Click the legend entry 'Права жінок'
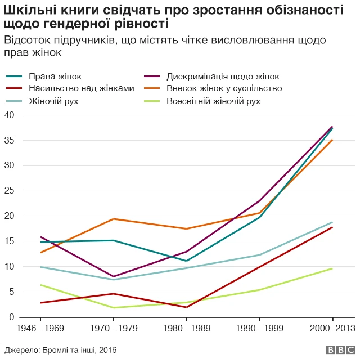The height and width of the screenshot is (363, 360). click(62, 76)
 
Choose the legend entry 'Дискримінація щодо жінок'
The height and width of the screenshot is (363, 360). click(223, 76)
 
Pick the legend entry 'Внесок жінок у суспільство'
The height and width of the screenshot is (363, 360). click(224, 88)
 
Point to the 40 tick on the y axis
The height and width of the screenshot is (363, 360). click(9, 115)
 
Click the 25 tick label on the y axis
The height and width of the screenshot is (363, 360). click(9, 191)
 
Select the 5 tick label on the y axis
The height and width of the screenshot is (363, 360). click(11, 292)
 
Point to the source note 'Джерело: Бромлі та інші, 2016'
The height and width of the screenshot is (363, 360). click(61, 350)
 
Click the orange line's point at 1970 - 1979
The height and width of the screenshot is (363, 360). click(114, 219)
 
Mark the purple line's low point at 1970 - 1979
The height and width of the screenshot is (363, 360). click(114, 277)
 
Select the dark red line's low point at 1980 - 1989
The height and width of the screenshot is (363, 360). click(187, 307)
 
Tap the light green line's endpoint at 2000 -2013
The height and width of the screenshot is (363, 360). click(332, 268)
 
